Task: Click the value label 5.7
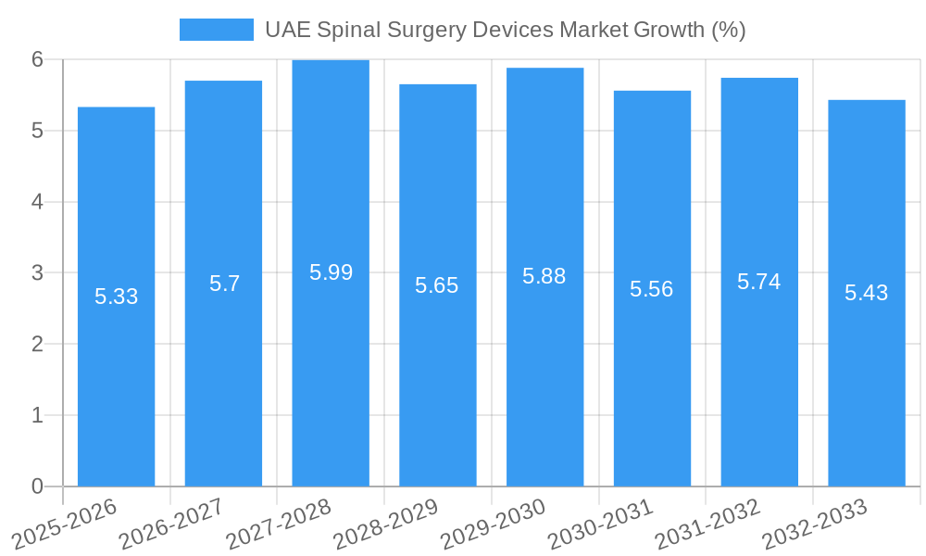[224, 284]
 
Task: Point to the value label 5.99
[331, 272]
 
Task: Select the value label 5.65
[437, 285]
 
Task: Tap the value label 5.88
[544, 276]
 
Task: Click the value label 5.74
[759, 282]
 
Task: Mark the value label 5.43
[867, 293]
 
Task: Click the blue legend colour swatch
[216, 30]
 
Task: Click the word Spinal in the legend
[345, 30]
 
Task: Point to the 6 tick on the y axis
[37, 59]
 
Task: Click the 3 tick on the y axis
[37, 273]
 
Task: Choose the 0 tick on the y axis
[37, 486]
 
